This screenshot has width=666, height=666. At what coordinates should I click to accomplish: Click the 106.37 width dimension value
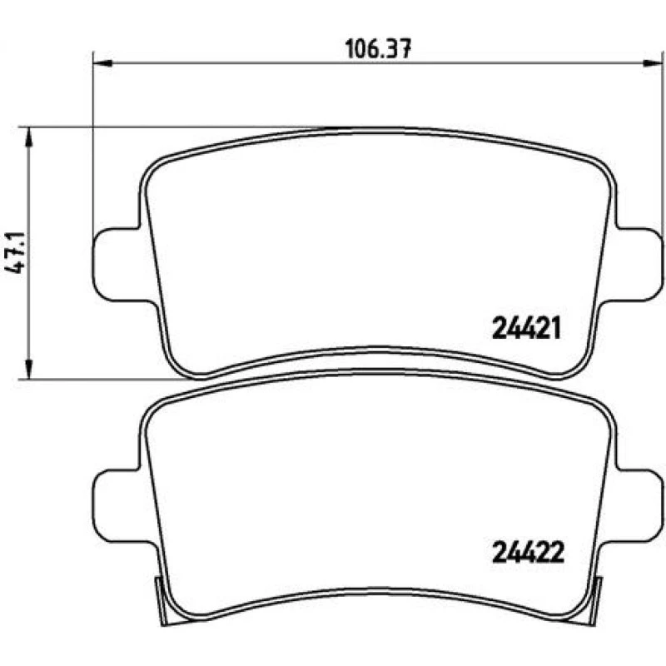[x=378, y=49]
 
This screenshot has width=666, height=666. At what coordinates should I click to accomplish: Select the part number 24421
[x=527, y=329]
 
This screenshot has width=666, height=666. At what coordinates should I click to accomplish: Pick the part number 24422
[x=528, y=553]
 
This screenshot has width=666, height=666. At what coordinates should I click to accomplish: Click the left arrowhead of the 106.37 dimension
[x=102, y=63]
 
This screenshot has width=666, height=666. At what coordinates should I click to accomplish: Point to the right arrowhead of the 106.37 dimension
[x=653, y=63]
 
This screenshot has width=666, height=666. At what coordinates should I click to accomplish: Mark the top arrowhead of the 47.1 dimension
[x=28, y=137]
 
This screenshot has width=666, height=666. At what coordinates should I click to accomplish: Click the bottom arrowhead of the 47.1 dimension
[x=28, y=368]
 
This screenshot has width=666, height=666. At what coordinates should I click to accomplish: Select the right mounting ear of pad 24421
[x=635, y=265]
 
